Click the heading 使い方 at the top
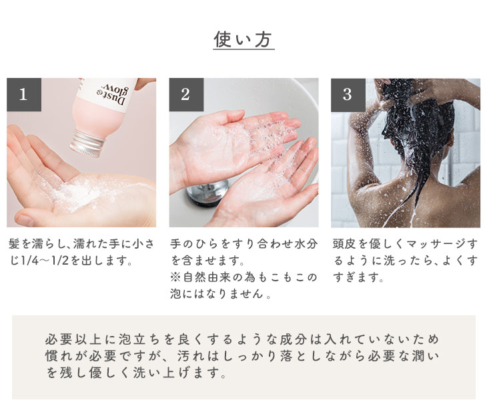243,39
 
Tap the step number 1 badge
24,95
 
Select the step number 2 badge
186,95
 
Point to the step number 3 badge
348,95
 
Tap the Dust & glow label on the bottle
114,94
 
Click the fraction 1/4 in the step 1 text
29,261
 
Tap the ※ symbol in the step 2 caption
175,277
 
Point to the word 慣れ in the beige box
59,356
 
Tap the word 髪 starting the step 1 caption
14,244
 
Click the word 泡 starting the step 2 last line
176,293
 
